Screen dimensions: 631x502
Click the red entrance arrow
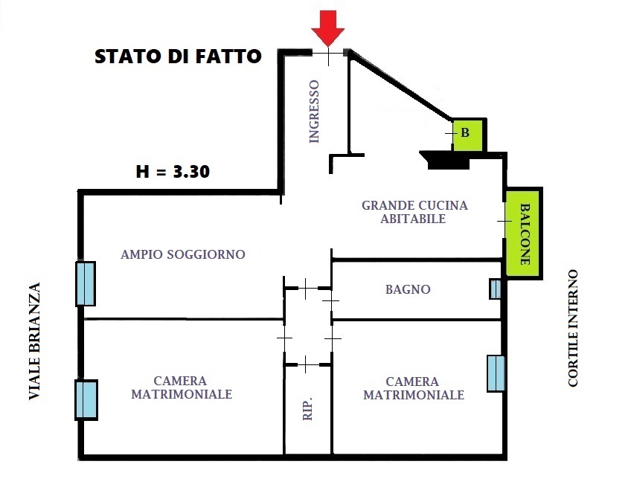(327, 28)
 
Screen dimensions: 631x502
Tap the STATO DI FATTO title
(178, 57)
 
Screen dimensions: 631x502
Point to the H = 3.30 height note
(173, 172)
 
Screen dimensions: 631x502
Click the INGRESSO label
(314, 112)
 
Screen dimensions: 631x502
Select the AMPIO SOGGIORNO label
(183, 254)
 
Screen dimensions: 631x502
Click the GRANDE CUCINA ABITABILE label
(414, 212)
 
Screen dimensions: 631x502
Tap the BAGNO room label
(408, 289)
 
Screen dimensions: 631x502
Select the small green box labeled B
(467, 135)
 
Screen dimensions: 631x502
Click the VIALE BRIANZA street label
(35, 341)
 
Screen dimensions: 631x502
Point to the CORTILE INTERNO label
(573, 328)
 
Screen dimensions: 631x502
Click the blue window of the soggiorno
(86, 283)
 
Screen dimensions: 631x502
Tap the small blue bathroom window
(496, 289)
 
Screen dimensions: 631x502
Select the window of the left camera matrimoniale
(86, 400)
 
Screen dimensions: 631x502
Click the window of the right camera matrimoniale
(496, 373)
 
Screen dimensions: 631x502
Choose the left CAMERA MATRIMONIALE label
(182, 387)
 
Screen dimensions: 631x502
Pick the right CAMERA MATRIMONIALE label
(413, 388)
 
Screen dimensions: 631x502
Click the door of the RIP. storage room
(307, 365)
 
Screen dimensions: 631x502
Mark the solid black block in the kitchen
(447, 160)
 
